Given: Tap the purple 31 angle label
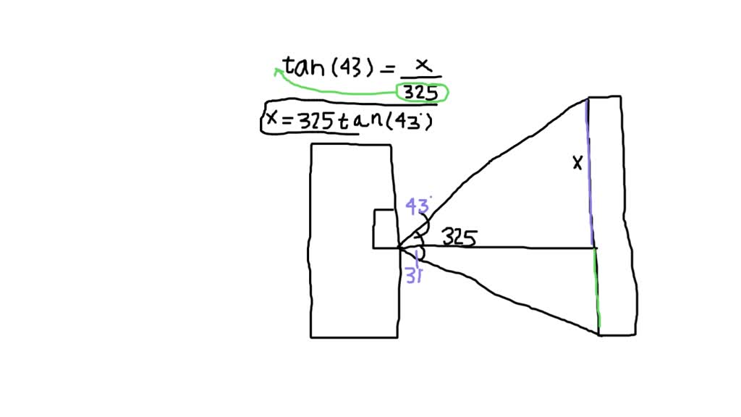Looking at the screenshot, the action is pos(414,276).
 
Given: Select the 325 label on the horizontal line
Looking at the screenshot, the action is pos(459,237).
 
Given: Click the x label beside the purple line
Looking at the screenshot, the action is pos(577,164).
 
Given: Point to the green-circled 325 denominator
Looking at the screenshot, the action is pos(421,93).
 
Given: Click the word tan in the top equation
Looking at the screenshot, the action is pos(305,67).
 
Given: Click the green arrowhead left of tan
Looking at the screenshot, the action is pos(278,71).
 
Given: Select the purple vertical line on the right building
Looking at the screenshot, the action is pos(590,174).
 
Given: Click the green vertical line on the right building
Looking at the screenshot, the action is pos(598,290).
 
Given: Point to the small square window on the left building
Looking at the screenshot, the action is pos(384,229).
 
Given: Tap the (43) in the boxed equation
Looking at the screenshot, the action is pos(412,122).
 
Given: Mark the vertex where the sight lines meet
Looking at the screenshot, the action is pos(399,248).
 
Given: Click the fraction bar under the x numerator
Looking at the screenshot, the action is pos(420,77).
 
